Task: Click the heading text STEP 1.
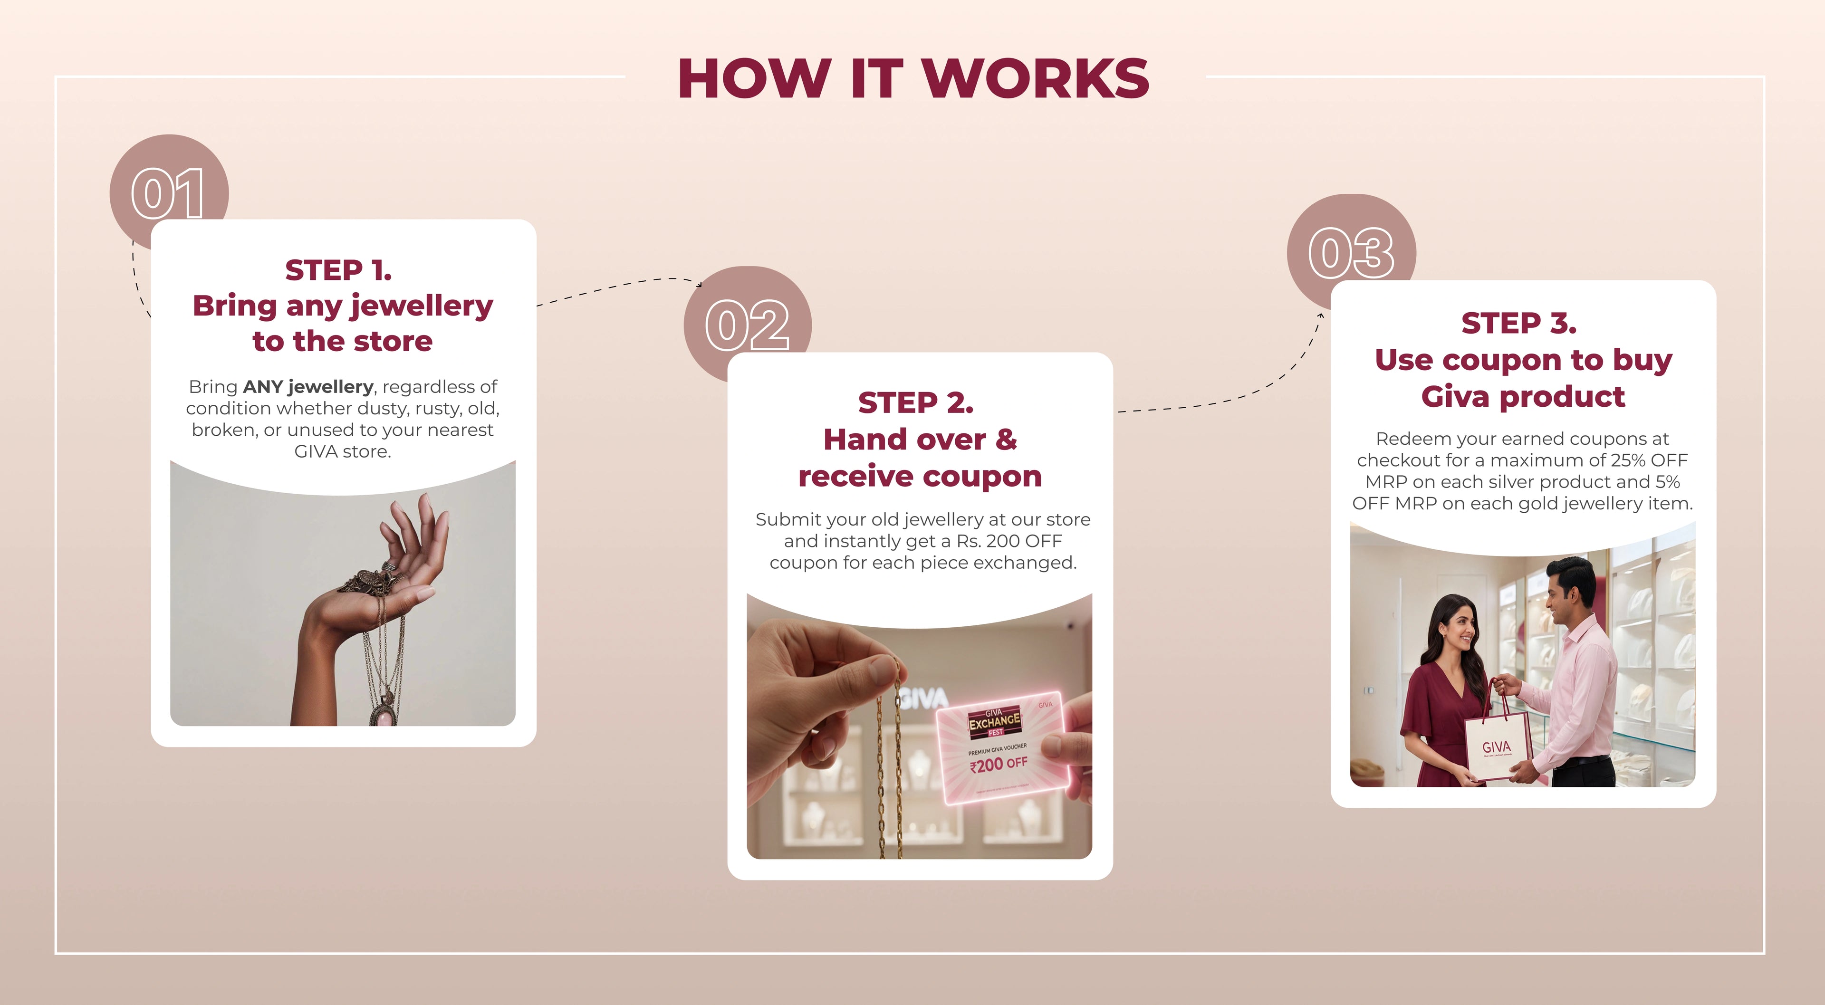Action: pos(339,270)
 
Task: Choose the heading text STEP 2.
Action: pos(915,402)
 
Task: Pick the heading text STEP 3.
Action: pos(1519,323)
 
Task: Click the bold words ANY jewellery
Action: pos(307,387)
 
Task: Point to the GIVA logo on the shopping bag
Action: pos(1496,747)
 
